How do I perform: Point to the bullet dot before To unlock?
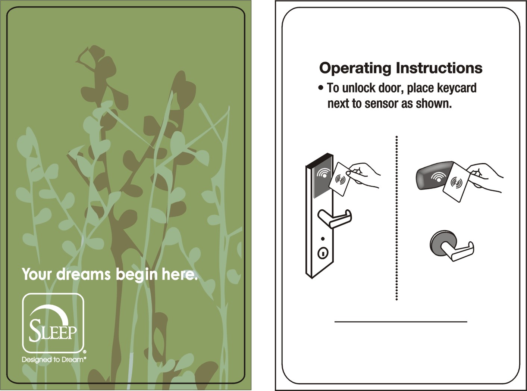(x=321, y=88)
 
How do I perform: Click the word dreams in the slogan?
(x=83, y=274)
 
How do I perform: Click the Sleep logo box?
(x=53, y=323)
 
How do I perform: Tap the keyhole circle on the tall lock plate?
(x=323, y=253)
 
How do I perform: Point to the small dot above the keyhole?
(x=323, y=239)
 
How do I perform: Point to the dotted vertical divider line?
(x=396, y=218)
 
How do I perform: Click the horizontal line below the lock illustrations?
(x=401, y=321)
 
